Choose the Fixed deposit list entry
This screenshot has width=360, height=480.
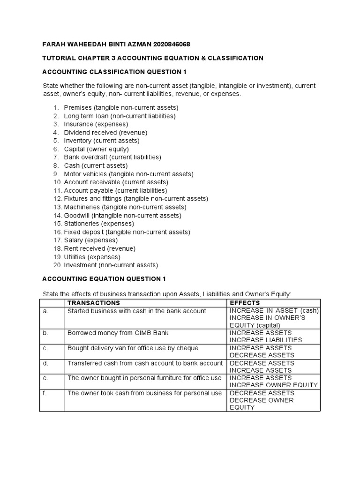coord(121,232)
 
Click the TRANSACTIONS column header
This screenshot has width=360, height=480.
coord(94,303)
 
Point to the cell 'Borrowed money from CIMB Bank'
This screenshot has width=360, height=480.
coord(118,333)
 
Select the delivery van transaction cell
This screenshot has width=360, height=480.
coord(133,348)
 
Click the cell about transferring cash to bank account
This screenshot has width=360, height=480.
coord(145,363)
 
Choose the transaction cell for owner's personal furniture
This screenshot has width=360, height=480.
coord(144,378)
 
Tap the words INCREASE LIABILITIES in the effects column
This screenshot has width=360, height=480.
coord(265,340)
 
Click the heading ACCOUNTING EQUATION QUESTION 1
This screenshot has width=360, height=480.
coord(104,279)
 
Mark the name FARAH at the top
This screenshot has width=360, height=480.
coord(54,45)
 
